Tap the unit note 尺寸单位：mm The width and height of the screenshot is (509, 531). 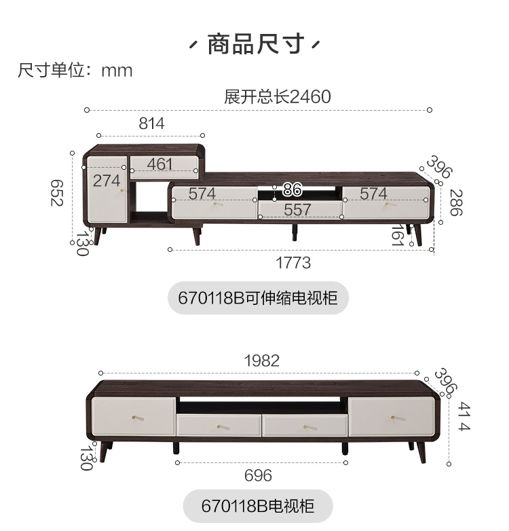pyautogui.click(x=75, y=71)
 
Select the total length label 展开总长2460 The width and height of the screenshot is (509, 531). pyautogui.click(x=277, y=96)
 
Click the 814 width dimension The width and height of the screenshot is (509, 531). pyautogui.click(x=151, y=124)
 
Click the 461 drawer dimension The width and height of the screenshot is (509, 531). pyautogui.click(x=159, y=164)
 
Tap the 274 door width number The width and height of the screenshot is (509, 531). pyautogui.click(x=107, y=181)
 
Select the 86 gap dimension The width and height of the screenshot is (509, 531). pyautogui.click(x=292, y=189)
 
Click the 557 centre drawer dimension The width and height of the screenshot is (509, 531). pyautogui.click(x=297, y=210)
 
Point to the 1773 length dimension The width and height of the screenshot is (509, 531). pyautogui.click(x=293, y=262)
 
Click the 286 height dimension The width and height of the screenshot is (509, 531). pyautogui.click(x=455, y=202)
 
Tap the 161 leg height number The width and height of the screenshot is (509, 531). pyautogui.click(x=398, y=236)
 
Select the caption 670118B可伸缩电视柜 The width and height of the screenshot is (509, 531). pyautogui.click(x=258, y=297)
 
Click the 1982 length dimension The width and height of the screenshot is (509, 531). pyautogui.click(x=261, y=361)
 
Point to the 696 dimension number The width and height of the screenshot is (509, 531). pyautogui.click(x=258, y=475)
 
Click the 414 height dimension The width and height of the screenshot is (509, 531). pyautogui.click(x=464, y=417)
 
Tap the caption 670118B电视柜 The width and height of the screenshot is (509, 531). pyautogui.click(x=258, y=506)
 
